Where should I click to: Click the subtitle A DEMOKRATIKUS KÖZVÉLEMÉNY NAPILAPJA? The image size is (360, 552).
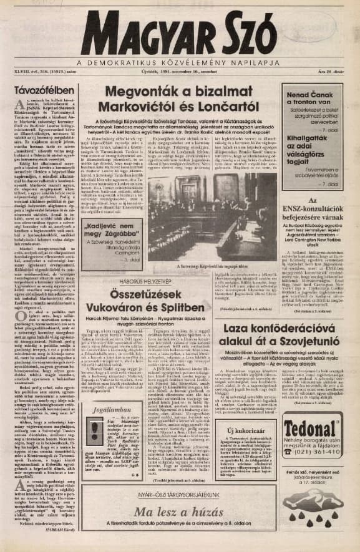click(x=179, y=64)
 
